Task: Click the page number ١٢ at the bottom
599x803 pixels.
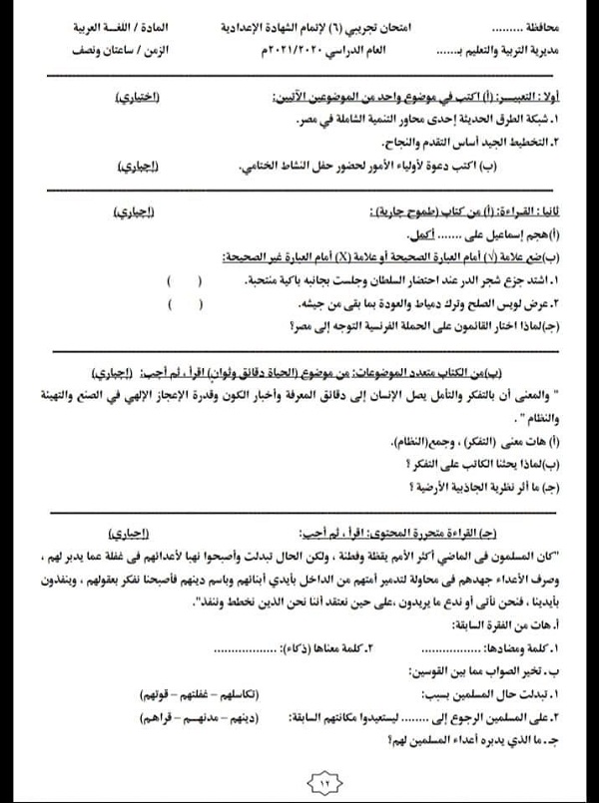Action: click(x=299, y=782)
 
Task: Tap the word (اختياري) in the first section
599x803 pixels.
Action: click(x=137, y=99)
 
